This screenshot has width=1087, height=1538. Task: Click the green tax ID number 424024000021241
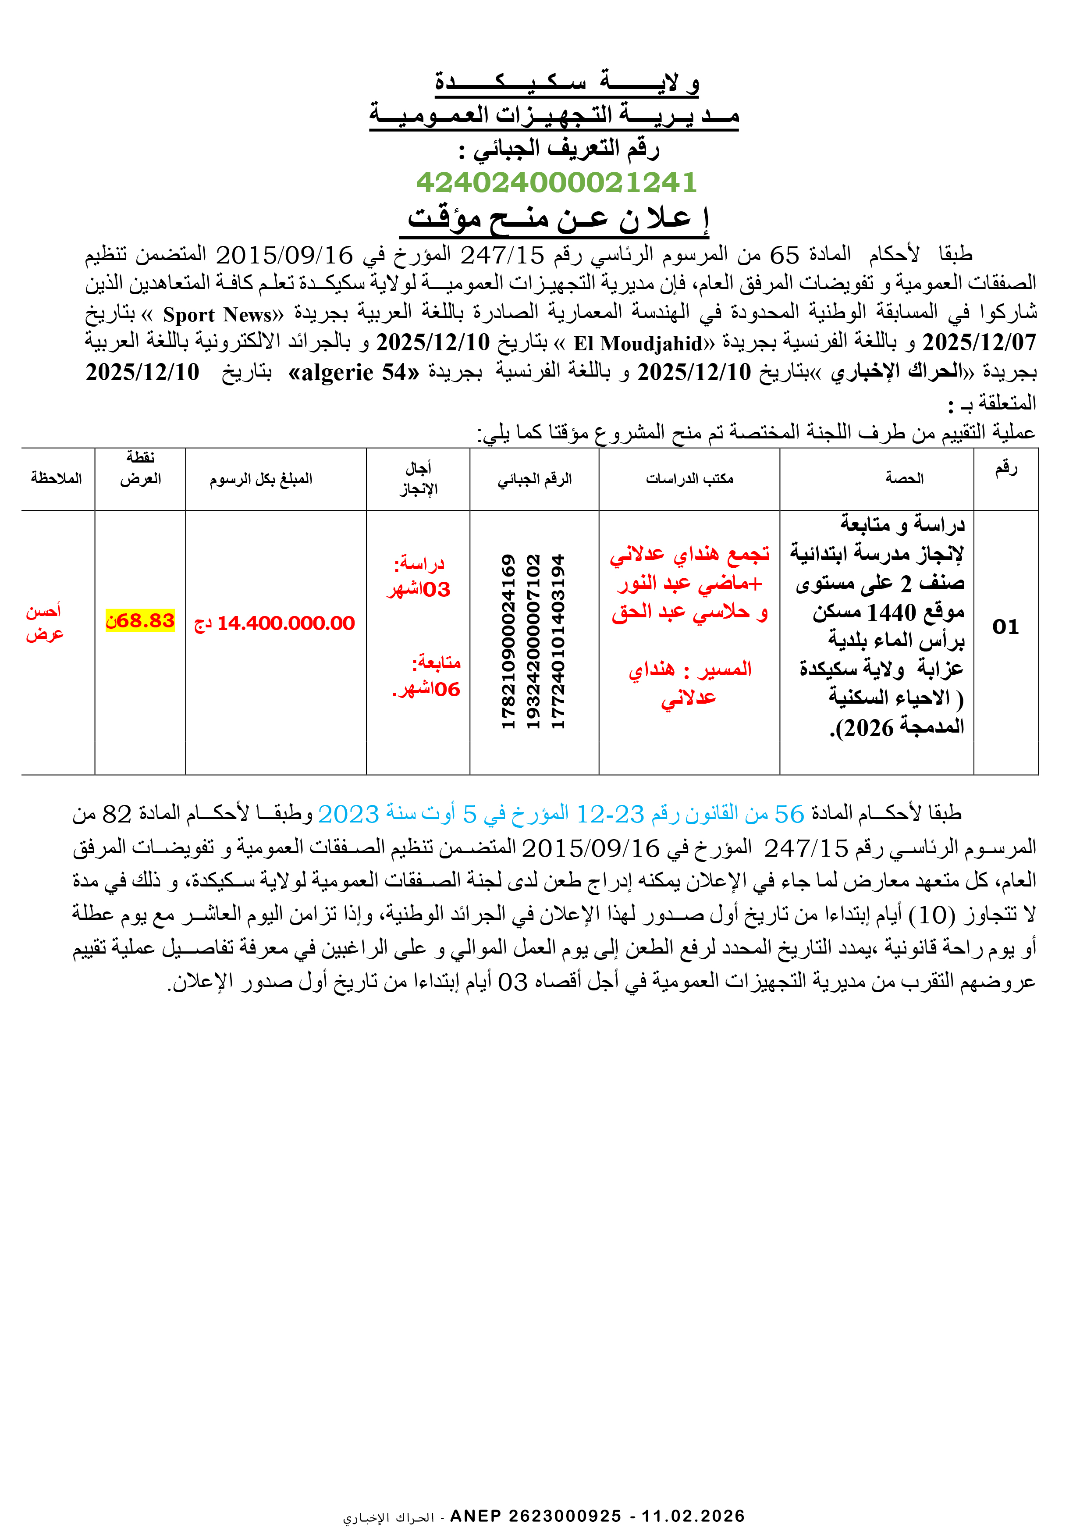(556, 182)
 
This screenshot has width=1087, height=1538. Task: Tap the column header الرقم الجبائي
(534, 479)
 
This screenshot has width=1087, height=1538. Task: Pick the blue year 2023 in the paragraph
(348, 814)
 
